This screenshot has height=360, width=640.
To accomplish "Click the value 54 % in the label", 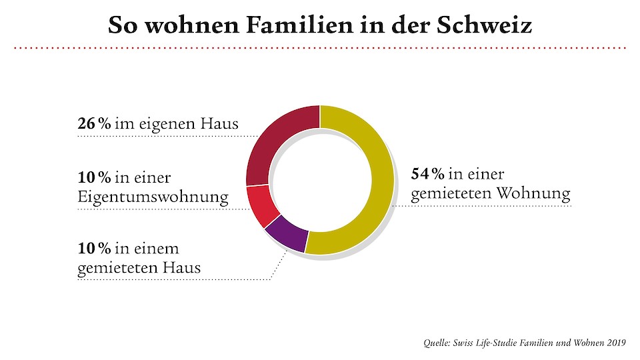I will [427, 175].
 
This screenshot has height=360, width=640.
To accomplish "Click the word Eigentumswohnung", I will [153, 198].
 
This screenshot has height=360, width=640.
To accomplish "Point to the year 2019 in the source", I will [615, 343].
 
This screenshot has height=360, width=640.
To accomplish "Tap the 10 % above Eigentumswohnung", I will [94, 178].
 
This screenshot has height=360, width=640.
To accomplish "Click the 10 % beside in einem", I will [94, 249].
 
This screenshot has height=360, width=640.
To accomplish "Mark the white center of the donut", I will [319, 180].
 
